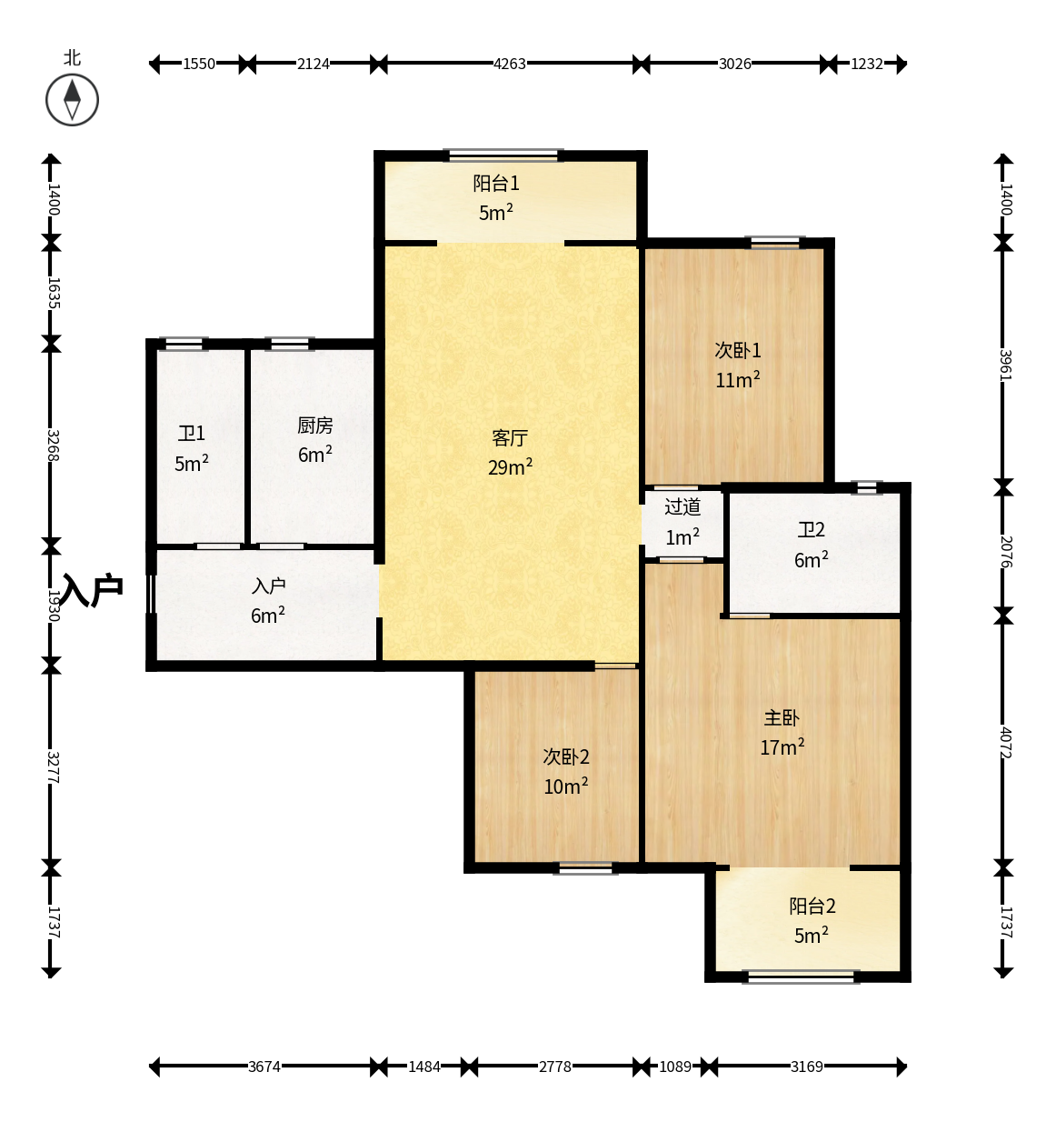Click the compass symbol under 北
click(72, 100)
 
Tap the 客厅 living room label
click(510, 437)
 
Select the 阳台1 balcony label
click(496, 183)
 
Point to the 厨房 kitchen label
click(314, 426)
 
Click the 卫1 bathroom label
click(191, 434)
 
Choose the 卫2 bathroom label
click(811, 530)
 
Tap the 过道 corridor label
click(682, 506)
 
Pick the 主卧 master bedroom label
click(782, 717)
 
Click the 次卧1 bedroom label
click(737, 350)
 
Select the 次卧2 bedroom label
click(566, 756)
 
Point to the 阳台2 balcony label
click(812, 906)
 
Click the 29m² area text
click(510, 466)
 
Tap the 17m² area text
click(782, 746)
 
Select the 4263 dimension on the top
click(510, 64)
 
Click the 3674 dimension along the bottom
click(264, 1067)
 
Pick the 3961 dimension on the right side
click(1006, 366)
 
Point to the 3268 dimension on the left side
click(53, 446)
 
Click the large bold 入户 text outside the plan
click(92, 589)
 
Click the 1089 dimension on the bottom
click(675, 1067)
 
